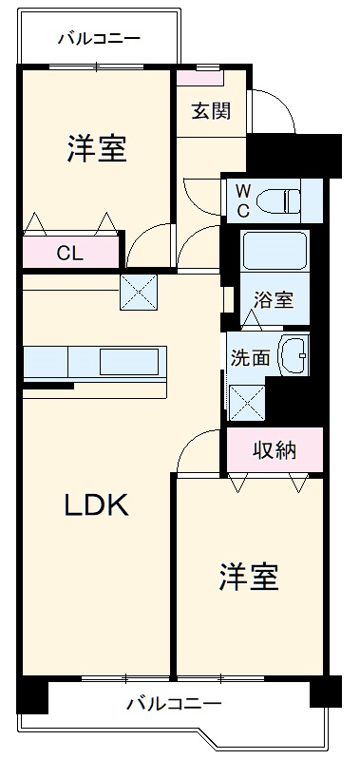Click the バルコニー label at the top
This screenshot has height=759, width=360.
(99, 39)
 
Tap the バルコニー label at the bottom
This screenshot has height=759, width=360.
(174, 704)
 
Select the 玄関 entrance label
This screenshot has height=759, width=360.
(210, 111)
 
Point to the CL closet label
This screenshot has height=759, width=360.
(68, 253)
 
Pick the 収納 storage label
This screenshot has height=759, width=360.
(274, 450)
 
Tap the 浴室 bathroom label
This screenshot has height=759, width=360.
(274, 300)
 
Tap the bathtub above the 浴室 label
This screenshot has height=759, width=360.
(274, 252)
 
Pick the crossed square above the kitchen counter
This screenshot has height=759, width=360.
(138, 293)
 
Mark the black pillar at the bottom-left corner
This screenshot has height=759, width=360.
(32, 695)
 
